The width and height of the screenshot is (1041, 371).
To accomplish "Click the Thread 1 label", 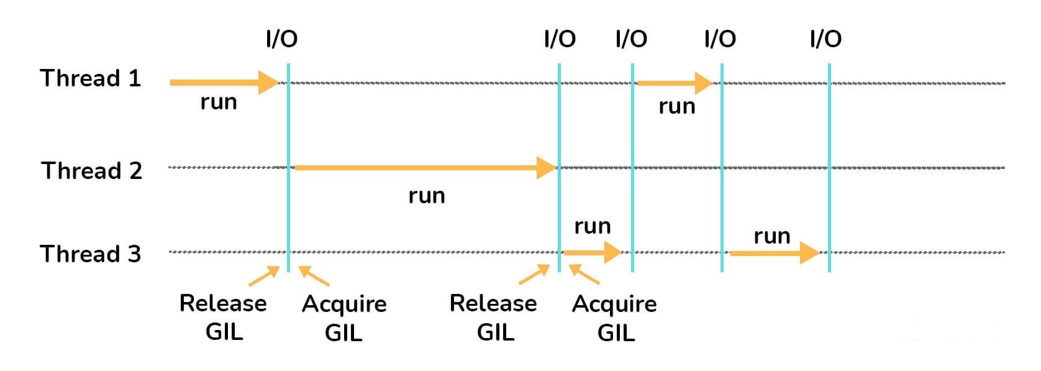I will [x=91, y=78].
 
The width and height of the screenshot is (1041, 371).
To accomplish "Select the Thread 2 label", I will [x=92, y=170].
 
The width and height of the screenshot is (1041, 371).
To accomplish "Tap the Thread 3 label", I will [x=91, y=254].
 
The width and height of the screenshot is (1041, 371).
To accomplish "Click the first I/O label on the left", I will [x=281, y=39].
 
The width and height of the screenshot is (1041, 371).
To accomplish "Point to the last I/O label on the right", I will [x=825, y=39].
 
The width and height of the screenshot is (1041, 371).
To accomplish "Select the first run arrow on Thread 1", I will [x=224, y=82].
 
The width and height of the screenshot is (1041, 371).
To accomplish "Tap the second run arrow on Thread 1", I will [x=675, y=82].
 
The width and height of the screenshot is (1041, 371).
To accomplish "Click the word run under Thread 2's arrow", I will [x=427, y=196].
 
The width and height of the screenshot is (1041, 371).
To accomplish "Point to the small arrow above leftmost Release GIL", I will [x=264, y=276].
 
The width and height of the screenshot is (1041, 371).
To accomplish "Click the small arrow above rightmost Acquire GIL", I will [x=584, y=274].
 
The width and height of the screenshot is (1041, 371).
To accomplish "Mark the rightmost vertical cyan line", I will [x=829, y=168].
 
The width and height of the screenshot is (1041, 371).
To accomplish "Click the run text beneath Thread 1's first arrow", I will [x=219, y=101].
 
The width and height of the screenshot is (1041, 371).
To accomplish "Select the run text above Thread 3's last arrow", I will [x=772, y=236].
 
